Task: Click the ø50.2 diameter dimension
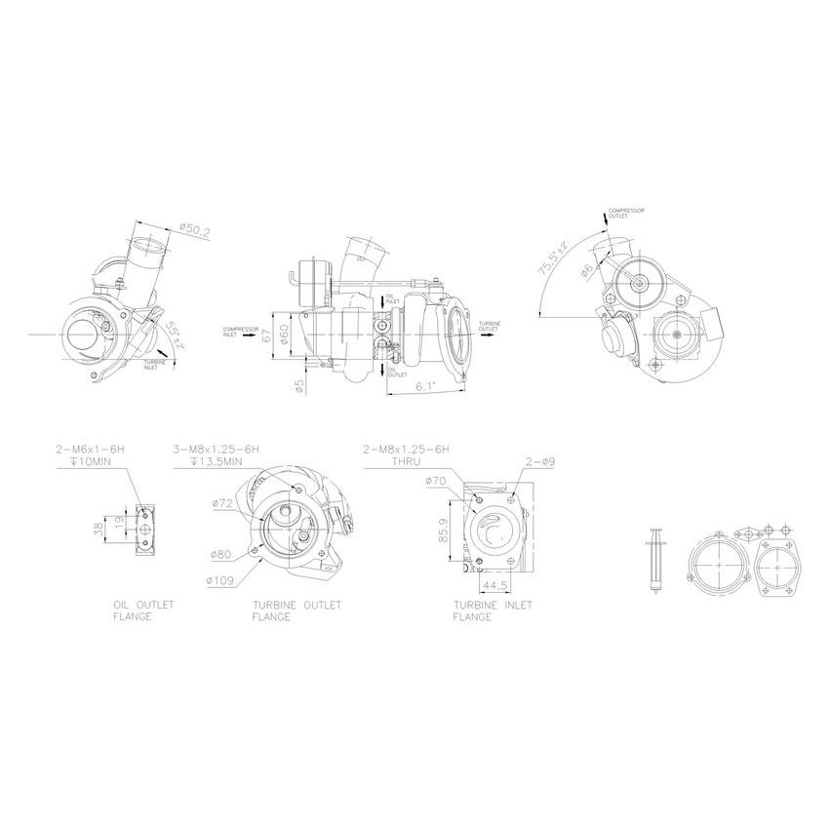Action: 195,230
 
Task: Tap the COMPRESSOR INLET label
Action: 239,331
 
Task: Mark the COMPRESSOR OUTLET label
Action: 625,213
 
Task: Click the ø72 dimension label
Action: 223,503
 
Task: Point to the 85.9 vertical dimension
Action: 443,531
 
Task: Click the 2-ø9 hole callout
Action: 539,461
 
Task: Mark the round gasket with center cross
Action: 720,566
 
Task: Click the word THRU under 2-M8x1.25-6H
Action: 405,461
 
